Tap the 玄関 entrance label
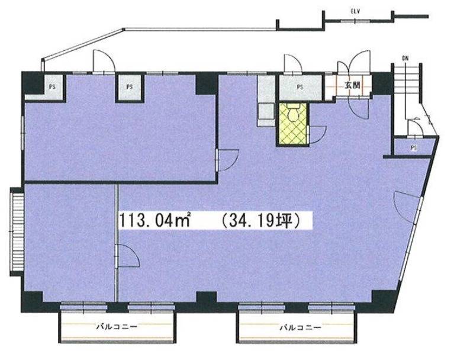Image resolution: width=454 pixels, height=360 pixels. (352, 85)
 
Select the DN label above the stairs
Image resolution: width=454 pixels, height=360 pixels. (405, 58)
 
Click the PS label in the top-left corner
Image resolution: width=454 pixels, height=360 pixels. (52, 86)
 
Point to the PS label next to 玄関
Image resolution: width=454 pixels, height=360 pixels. (300, 86)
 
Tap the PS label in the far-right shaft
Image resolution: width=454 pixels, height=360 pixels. (414, 148)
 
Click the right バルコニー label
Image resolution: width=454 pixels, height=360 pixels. (300, 327)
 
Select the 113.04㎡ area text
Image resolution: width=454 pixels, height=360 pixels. (155, 221)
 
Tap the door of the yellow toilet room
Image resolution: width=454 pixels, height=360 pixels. (318, 134)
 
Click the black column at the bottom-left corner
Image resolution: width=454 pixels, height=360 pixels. (33, 301)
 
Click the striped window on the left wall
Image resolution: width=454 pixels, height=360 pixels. (17, 232)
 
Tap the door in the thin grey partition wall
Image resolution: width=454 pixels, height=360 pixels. (127, 255)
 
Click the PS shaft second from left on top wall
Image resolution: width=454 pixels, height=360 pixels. (130, 88)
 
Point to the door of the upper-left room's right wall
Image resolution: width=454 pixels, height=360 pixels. (227, 160)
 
